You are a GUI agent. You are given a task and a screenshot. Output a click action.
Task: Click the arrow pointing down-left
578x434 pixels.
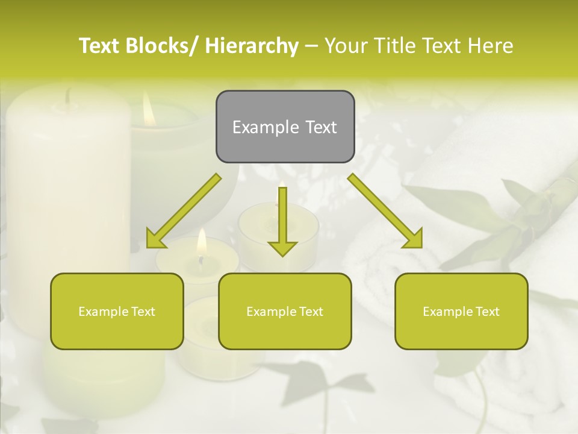(x=184, y=212)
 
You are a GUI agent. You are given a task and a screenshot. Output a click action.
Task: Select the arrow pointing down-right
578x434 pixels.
(x=385, y=211)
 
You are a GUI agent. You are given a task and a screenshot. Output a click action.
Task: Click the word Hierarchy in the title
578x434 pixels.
(x=252, y=46)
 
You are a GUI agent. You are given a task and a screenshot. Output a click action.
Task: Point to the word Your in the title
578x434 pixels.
(x=345, y=46)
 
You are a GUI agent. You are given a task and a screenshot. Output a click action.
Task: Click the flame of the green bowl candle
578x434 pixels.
(x=149, y=109)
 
